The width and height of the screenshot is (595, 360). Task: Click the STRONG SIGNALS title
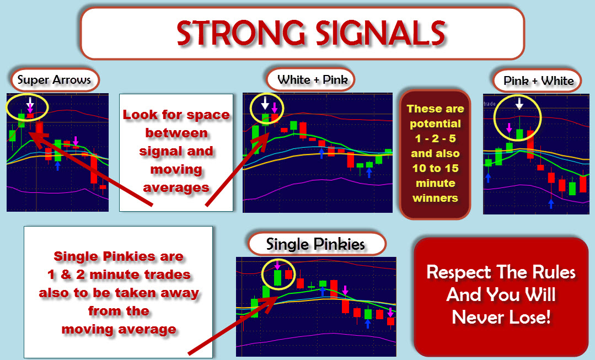click(311, 33)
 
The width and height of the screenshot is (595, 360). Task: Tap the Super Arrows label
click(54, 79)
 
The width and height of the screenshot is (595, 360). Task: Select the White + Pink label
click(313, 79)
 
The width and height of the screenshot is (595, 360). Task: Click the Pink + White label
click(538, 81)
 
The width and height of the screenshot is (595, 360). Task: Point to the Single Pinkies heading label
click(315, 244)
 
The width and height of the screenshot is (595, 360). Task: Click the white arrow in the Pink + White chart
click(519, 103)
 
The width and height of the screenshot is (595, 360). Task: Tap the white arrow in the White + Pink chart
click(265, 103)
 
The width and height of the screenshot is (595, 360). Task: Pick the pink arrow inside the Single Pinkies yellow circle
click(277, 265)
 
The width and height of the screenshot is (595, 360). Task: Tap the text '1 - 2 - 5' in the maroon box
click(435, 138)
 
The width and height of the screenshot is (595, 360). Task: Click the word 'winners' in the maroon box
click(435, 198)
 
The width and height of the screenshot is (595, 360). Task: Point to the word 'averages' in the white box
click(176, 187)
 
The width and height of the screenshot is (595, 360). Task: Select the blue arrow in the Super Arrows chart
click(58, 166)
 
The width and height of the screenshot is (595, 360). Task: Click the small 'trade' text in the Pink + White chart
click(490, 104)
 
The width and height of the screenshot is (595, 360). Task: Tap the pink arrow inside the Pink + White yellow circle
click(509, 127)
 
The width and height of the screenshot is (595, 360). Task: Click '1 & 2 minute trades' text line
click(119, 274)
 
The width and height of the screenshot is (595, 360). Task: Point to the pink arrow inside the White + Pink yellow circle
click(275, 108)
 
